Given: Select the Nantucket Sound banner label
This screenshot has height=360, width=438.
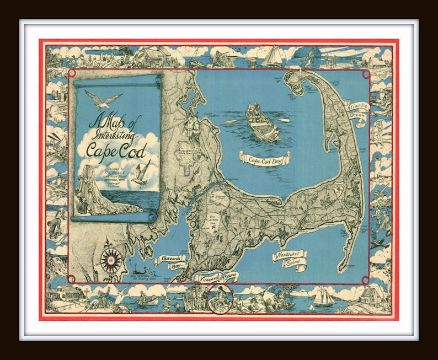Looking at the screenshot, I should coord(289,257).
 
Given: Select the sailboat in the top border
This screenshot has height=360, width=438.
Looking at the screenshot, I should coord(273,56).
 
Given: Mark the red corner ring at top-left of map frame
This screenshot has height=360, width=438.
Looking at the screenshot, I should coord(71,72).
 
